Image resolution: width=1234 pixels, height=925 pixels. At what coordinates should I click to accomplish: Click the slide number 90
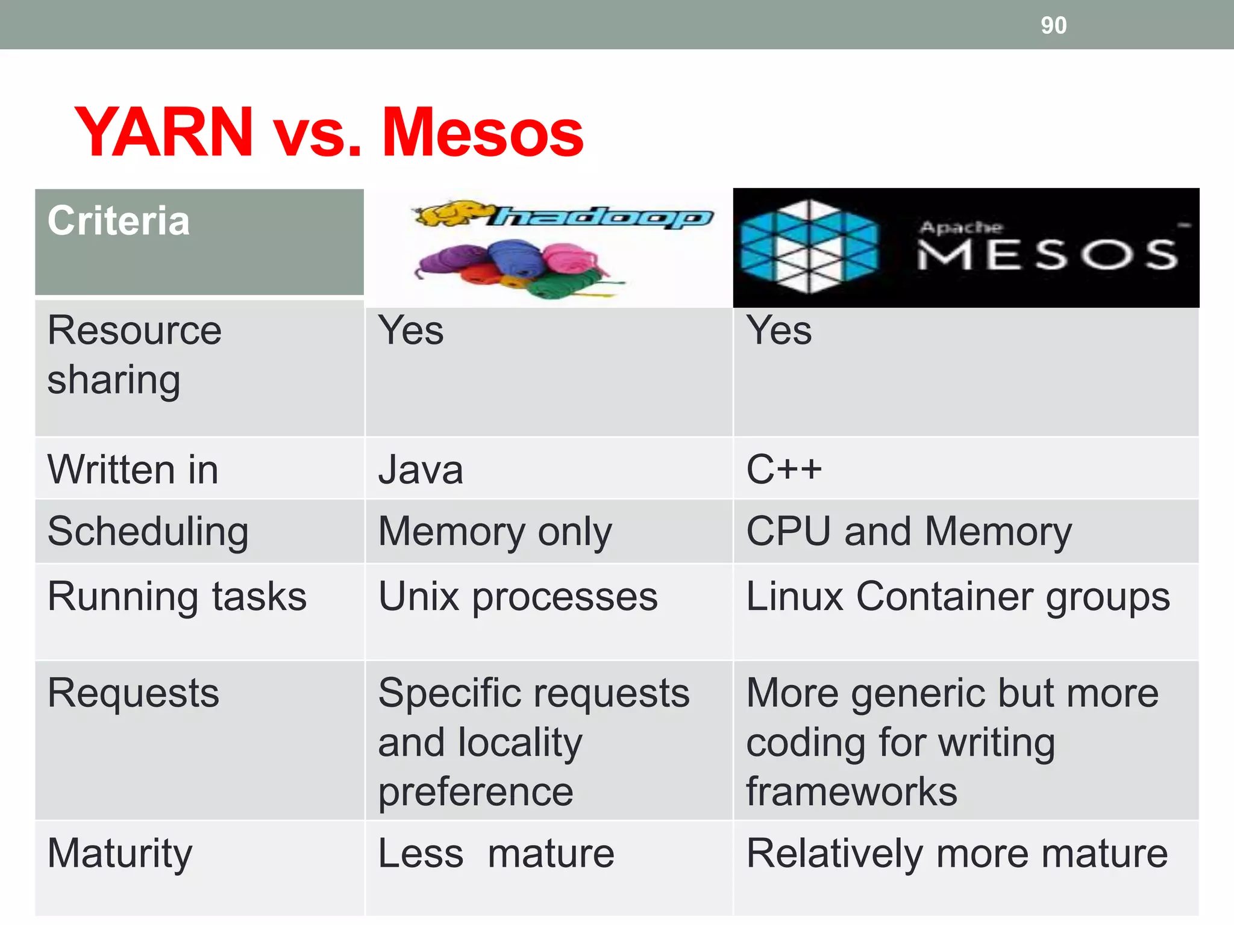[1053, 25]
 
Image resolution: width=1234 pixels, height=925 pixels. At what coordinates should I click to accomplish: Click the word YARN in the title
[164, 132]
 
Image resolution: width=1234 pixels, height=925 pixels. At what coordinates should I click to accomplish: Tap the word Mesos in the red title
[482, 133]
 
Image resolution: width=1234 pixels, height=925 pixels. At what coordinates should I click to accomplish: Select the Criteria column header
[119, 221]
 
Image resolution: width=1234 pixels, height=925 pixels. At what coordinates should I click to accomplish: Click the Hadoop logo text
[603, 217]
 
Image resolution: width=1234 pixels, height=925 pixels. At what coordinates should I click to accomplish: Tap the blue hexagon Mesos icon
[809, 247]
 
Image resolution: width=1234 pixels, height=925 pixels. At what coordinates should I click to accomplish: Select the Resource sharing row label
[134, 355]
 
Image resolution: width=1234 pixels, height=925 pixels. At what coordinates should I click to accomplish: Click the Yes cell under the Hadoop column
[411, 331]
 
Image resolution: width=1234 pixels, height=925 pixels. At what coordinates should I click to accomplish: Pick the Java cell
[421, 470]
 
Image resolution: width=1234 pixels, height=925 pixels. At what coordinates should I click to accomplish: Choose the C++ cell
[783, 469]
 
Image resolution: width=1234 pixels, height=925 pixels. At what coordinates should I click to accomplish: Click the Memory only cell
[495, 532]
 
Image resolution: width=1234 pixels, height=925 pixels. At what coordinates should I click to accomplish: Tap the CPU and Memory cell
[909, 532]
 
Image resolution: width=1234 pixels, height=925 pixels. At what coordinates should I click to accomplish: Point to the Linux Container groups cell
[958, 597]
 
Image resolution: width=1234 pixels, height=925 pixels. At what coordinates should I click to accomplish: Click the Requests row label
[133, 693]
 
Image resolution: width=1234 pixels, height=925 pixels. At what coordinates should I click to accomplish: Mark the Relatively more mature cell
[957, 854]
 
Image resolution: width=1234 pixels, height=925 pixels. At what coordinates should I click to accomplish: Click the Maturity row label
[120, 854]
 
